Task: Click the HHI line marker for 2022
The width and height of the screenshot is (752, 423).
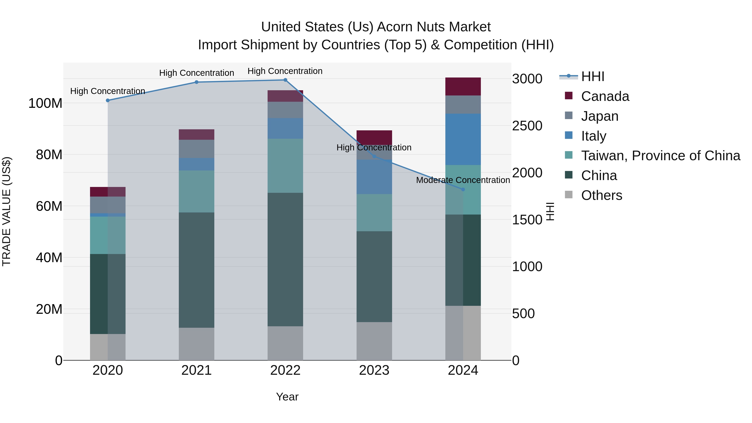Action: (x=285, y=80)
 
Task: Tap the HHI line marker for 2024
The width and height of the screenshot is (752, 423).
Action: (x=463, y=189)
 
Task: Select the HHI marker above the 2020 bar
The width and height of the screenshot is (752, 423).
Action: (x=108, y=100)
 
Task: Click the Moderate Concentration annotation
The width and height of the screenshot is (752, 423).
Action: (x=463, y=180)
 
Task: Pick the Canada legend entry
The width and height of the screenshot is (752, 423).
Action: (x=605, y=96)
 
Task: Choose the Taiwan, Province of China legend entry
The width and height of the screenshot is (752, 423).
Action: (x=660, y=156)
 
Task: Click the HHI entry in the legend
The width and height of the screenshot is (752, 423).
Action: (x=593, y=76)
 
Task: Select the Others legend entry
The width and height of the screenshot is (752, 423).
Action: (x=601, y=195)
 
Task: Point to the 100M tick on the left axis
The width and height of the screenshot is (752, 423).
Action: (x=45, y=103)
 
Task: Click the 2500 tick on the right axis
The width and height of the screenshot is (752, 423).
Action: (x=527, y=126)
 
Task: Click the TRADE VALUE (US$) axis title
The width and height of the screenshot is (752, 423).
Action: (x=6, y=211)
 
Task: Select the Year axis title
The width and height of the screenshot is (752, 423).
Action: (x=287, y=397)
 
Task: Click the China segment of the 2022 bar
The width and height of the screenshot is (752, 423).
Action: (x=285, y=259)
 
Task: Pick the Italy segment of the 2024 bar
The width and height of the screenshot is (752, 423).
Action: (x=463, y=139)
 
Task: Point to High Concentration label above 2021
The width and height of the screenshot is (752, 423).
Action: (x=197, y=73)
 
